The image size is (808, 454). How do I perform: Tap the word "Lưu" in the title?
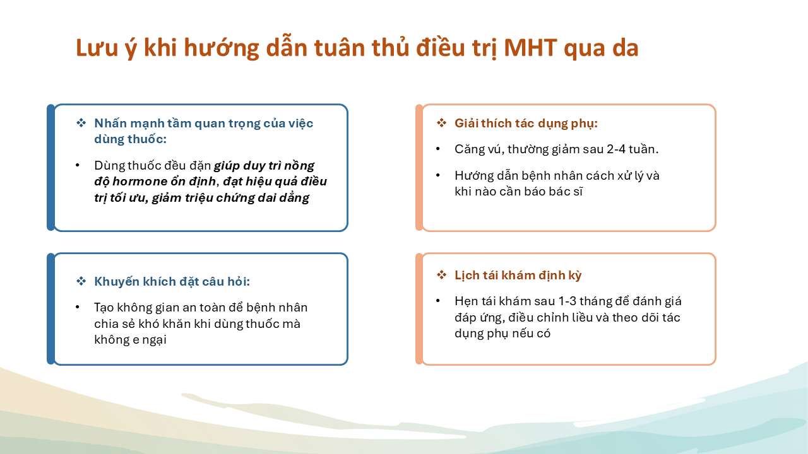97,47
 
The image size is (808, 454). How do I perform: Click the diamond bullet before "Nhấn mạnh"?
81,123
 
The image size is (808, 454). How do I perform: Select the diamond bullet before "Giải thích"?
441,123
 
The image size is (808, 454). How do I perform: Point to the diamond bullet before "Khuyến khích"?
81,281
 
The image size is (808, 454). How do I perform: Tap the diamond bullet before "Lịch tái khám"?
441,276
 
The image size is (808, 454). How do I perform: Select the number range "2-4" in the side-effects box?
615,149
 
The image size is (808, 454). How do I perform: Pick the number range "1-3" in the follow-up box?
567,301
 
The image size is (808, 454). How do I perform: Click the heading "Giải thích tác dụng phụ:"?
526,124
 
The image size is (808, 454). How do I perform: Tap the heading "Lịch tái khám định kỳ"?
518,276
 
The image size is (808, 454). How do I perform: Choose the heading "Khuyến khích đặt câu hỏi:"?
172,282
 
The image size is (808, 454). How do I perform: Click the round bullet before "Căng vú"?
438,149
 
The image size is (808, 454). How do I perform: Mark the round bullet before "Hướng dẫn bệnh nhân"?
438,175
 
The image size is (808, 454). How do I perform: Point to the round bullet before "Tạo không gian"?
78,307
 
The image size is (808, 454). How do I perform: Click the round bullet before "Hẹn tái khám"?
438,301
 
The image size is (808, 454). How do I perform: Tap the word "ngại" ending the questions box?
155,340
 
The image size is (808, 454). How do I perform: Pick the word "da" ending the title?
626,49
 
